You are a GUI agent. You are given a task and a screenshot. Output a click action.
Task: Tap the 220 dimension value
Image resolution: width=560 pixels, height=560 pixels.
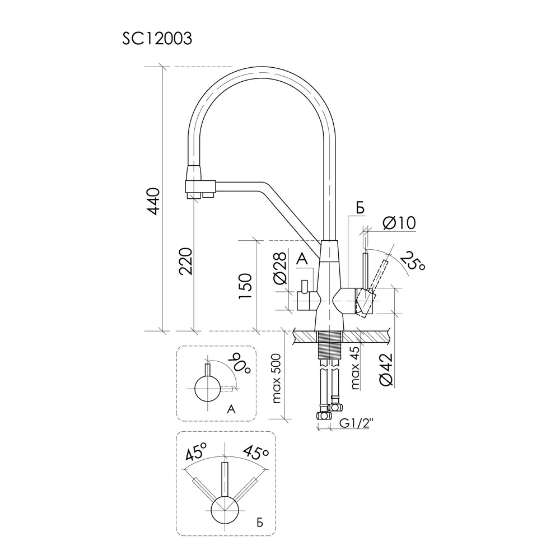pyautogui.click(x=186, y=262)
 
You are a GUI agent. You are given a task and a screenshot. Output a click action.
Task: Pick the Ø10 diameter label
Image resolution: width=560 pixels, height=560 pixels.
pyautogui.click(x=399, y=223)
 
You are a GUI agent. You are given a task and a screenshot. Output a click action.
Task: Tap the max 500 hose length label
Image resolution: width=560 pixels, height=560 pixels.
pyautogui.click(x=277, y=379)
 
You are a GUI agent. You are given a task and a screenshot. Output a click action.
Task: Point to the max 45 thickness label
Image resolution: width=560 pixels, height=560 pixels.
pyautogui.click(x=354, y=367)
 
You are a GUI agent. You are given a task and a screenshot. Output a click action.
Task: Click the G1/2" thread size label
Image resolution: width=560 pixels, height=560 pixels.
pyautogui.click(x=356, y=424)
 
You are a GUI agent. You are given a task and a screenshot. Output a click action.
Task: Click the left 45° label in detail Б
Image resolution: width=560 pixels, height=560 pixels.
pyautogui.click(x=196, y=452)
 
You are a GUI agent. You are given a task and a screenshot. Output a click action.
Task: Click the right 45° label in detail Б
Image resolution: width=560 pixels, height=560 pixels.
pyautogui.click(x=256, y=452)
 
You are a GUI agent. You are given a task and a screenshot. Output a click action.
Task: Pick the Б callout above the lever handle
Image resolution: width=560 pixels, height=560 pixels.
pyautogui.click(x=360, y=208)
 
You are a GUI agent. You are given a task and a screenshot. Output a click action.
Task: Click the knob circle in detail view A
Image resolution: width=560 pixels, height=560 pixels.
pyautogui.click(x=207, y=389)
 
